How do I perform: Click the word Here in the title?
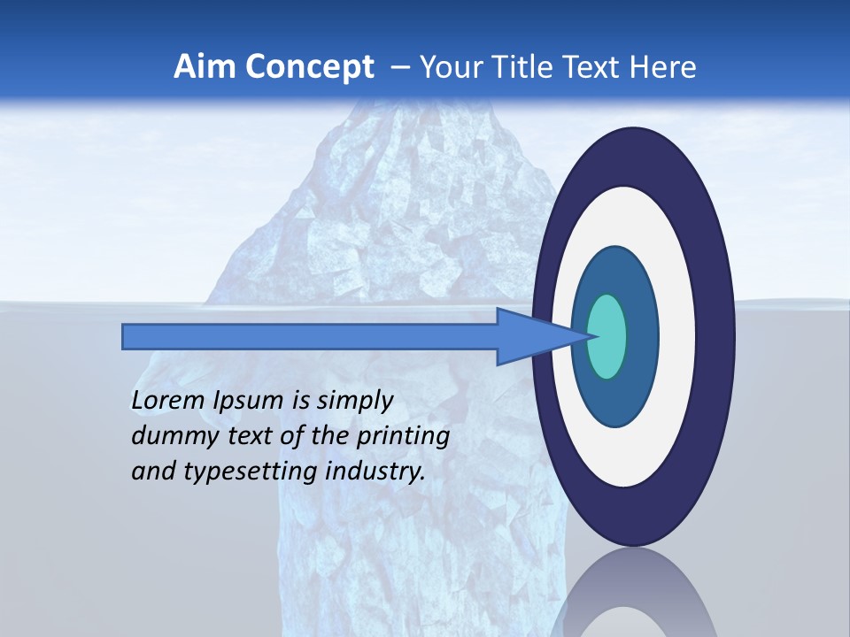pyautogui.click(x=665, y=67)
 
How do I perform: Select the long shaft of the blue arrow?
pyautogui.click(x=310, y=337)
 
